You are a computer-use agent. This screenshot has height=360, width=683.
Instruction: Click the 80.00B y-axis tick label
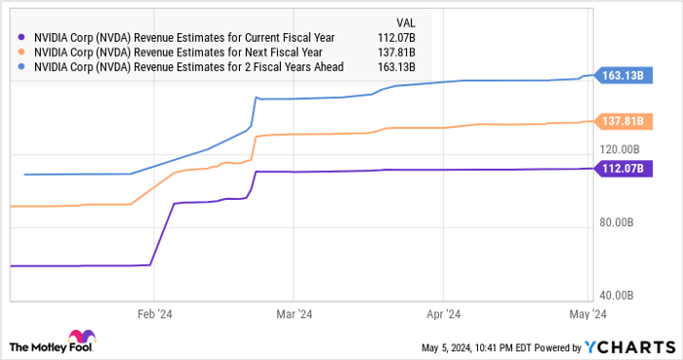[619, 222]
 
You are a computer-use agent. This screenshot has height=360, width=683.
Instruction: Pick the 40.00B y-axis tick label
[619, 295]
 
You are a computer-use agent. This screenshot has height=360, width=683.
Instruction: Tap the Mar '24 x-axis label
[295, 314]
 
